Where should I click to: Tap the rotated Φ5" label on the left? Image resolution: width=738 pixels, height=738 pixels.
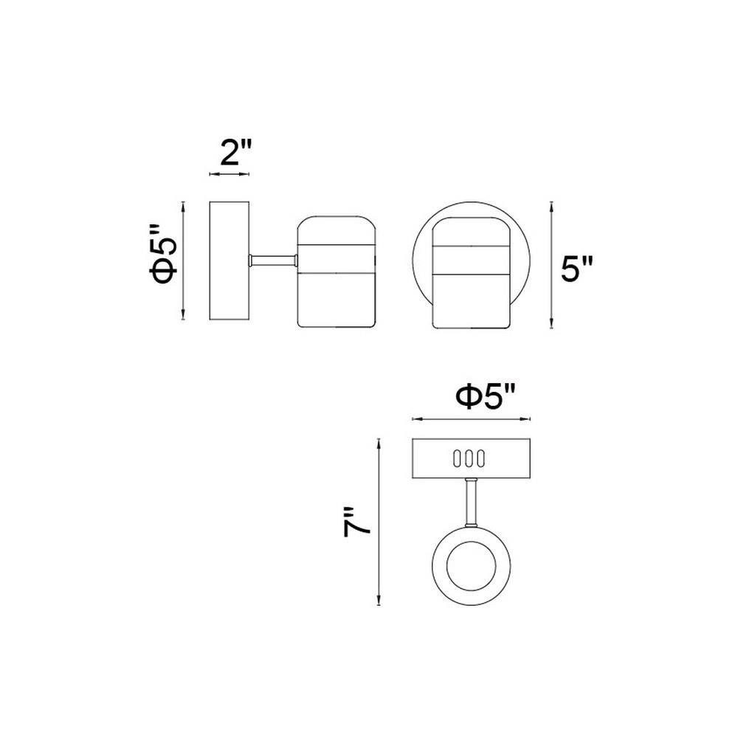coord(163,255)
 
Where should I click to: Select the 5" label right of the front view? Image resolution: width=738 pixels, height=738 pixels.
coord(577,269)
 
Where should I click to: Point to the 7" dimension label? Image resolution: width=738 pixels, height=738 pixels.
coord(356,522)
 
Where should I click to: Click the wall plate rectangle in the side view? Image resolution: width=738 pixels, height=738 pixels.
coord(230,261)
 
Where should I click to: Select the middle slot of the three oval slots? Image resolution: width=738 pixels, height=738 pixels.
coord(469,458)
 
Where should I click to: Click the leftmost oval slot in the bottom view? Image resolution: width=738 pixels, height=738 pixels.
coord(458,458)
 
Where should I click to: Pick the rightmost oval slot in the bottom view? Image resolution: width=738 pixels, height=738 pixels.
coord(480,458)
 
